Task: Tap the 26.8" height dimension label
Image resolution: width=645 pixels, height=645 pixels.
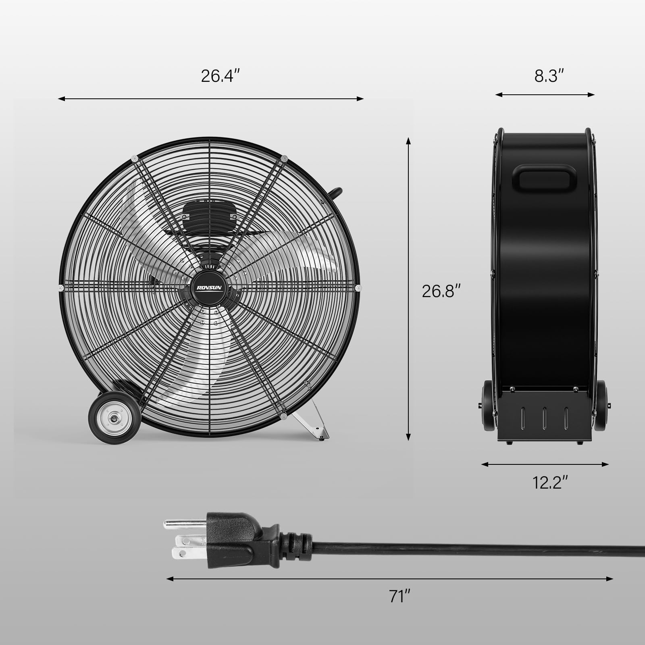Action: (441, 291)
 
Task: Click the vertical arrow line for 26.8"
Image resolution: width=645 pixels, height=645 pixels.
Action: (408, 289)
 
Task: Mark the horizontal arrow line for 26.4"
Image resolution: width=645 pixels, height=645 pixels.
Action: (211, 99)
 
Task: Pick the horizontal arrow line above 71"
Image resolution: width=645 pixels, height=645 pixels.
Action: (389, 579)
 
